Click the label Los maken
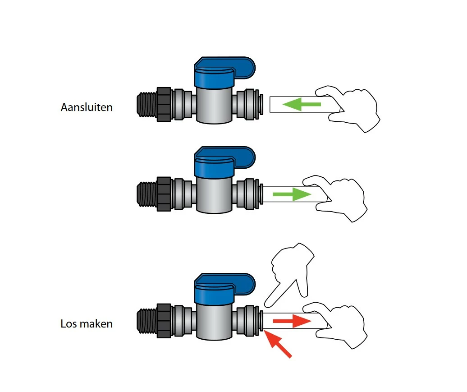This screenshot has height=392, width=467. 87,324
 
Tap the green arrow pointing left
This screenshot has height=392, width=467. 301,105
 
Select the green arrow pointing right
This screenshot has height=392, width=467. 292,195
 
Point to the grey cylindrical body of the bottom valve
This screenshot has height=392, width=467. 214,322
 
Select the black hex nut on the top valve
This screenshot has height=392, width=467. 164,104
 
